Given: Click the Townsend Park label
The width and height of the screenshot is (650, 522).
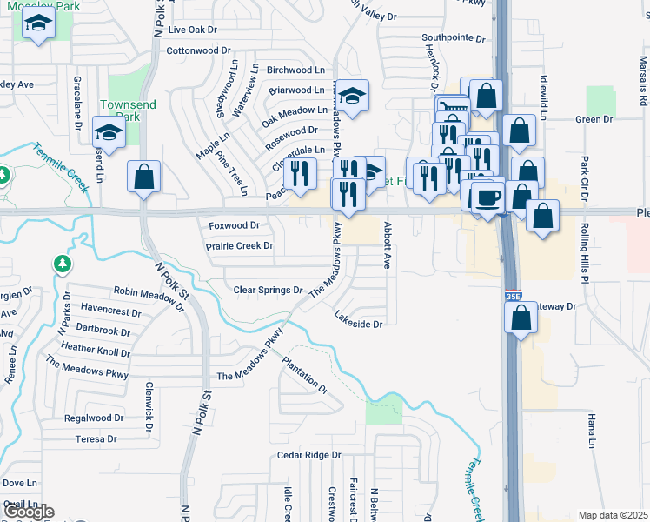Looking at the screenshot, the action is pyautogui.click(x=127, y=110).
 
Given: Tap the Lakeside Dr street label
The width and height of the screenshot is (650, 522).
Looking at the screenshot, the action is pyautogui.click(x=359, y=325).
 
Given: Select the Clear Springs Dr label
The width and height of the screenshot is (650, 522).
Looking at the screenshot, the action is pyautogui.click(x=268, y=290).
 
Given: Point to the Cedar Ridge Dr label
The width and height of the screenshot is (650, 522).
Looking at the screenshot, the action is pyautogui.click(x=309, y=455).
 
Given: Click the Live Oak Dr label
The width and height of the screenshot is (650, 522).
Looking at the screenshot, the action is pyautogui.click(x=192, y=30).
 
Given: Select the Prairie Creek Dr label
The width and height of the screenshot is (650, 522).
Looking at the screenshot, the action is pyautogui.click(x=240, y=246).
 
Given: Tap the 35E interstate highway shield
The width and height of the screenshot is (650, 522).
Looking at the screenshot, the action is pyautogui.click(x=513, y=297).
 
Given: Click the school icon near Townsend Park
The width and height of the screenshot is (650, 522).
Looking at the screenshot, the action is pyautogui.click(x=109, y=132).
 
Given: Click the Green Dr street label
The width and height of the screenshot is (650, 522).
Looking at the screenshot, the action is pyautogui.click(x=594, y=119).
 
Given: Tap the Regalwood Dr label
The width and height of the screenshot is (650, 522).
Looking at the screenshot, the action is pyautogui.click(x=89, y=418).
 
